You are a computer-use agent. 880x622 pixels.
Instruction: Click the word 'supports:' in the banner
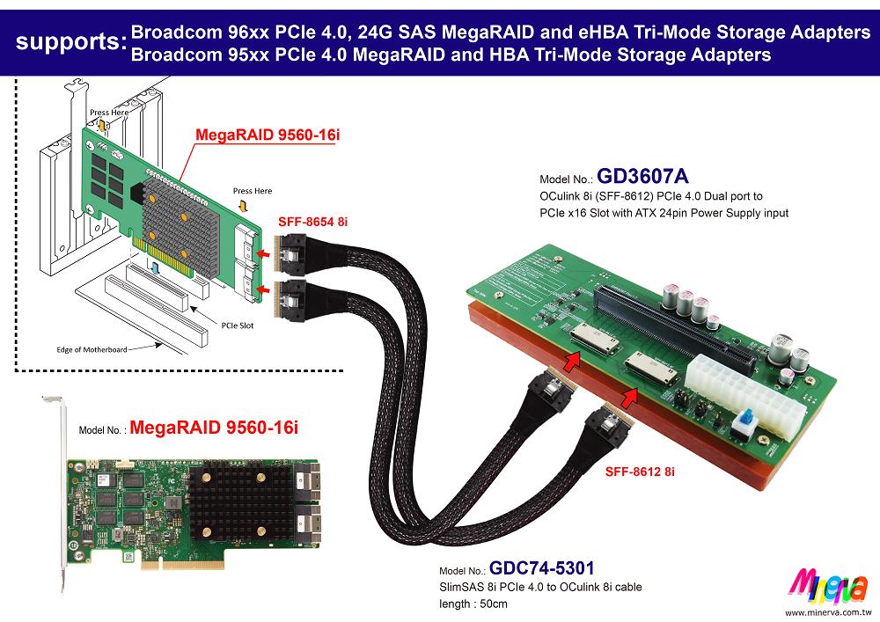(65, 41)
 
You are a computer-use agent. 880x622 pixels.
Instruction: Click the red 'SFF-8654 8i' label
(313, 223)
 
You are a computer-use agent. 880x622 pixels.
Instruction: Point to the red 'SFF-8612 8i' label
(640, 472)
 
